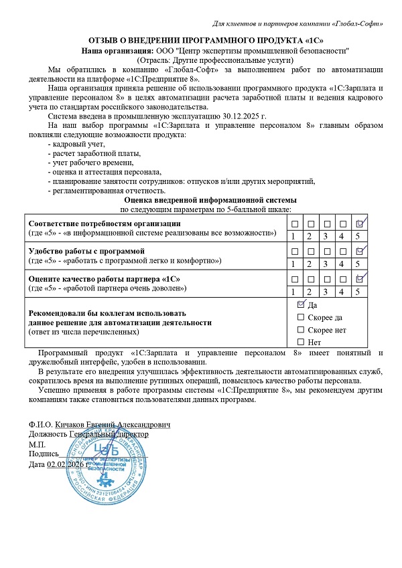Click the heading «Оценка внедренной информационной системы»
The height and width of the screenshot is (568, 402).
[x=201, y=200]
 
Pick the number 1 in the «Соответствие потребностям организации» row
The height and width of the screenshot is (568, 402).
[x=293, y=235]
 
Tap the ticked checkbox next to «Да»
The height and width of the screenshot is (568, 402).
[x=301, y=304]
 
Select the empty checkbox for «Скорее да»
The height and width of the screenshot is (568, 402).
[x=301, y=317]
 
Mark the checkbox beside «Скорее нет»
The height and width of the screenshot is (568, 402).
[x=301, y=330]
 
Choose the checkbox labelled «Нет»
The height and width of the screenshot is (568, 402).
[x=301, y=342]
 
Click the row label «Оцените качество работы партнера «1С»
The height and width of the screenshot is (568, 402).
[x=103, y=278]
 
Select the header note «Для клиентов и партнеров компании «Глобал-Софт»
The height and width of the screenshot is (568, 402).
[x=297, y=24]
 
